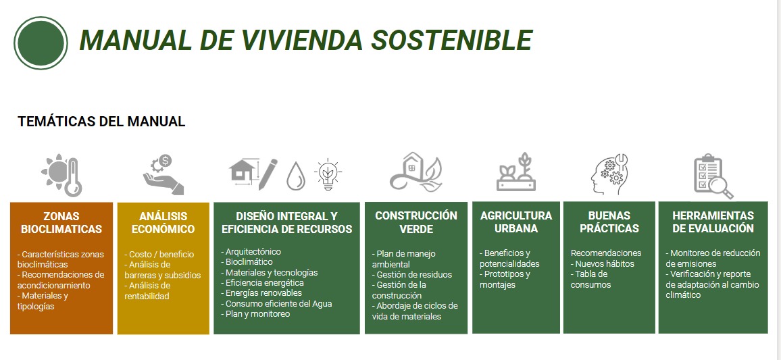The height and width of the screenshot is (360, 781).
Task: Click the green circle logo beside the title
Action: tap(41, 43)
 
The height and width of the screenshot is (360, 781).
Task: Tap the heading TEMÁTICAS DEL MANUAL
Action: tap(101, 121)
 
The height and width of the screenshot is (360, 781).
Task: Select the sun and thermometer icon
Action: tap(61, 176)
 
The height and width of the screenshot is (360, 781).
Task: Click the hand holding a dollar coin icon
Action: tap(163, 174)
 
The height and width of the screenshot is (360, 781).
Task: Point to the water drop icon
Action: tap(295, 176)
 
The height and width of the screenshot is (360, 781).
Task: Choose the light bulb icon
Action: tap(328, 174)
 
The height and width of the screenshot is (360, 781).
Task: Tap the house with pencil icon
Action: tap(253, 172)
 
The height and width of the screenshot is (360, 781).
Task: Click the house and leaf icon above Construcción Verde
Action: tap(416, 172)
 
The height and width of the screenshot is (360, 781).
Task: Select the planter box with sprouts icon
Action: tap(516, 172)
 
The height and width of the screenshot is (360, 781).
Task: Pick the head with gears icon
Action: tap(609, 174)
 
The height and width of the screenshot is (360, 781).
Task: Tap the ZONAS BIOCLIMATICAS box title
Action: tap(61, 223)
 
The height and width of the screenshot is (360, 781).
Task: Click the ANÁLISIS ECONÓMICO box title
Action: tap(163, 223)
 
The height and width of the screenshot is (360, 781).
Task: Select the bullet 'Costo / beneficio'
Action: tap(158, 255)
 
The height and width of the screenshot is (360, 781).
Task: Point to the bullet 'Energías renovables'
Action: tap(261, 292)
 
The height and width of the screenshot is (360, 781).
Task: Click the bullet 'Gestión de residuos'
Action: tap(412, 274)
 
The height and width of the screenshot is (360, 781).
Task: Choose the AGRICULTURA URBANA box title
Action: tap(516, 222)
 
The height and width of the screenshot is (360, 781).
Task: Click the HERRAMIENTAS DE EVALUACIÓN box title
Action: tap(713, 222)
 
